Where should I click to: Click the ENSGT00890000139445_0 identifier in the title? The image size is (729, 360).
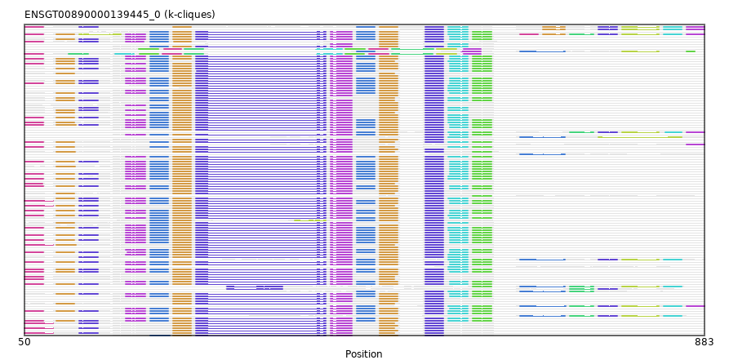92,15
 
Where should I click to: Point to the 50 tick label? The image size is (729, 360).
24,342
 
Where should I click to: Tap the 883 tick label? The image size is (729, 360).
705,342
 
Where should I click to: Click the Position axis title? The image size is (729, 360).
363,354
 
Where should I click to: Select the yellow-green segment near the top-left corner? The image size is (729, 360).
100,34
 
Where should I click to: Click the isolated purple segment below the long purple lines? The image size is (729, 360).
255,287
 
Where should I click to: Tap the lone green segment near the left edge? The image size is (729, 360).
78,54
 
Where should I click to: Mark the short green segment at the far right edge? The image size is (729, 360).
691,51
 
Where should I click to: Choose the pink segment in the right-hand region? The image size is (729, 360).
529,34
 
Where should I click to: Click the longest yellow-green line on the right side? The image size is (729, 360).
640,137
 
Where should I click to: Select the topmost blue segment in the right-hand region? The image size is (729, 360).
543,51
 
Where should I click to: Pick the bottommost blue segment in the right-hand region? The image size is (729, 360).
543,316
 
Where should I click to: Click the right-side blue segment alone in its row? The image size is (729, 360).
543,154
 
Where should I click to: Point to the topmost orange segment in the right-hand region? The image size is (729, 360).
553,28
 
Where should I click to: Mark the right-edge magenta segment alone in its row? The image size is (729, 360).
695,144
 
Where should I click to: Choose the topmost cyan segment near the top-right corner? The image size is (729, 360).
673,28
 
